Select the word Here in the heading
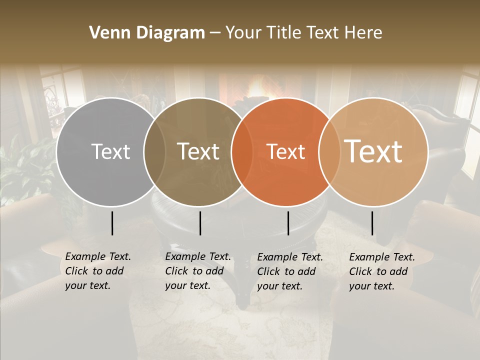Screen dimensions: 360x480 pyautogui.click(x=364, y=33)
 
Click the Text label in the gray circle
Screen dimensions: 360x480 pyautogui.click(x=111, y=151)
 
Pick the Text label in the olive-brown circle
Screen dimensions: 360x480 pyautogui.click(x=198, y=151)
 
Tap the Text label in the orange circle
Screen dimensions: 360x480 pyautogui.click(x=285, y=151)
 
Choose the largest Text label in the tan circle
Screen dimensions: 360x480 pyautogui.click(x=373, y=151)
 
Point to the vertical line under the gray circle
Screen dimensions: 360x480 pyautogui.click(x=112, y=223)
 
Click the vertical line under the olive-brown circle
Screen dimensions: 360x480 pyautogui.click(x=200, y=223)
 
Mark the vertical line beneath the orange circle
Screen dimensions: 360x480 pyautogui.click(x=288, y=223)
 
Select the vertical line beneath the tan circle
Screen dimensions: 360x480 pyautogui.click(x=372, y=223)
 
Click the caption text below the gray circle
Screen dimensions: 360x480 pyautogui.click(x=97, y=271)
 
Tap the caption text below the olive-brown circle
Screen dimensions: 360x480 pyautogui.click(x=197, y=271)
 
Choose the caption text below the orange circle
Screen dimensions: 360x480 pyautogui.click(x=289, y=271)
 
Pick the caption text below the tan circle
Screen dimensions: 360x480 pyautogui.click(x=381, y=271)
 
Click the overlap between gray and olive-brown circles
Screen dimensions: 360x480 pyautogui.click(x=154, y=151)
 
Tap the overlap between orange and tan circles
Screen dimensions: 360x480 pyautogui.click(x=327, y=151)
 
